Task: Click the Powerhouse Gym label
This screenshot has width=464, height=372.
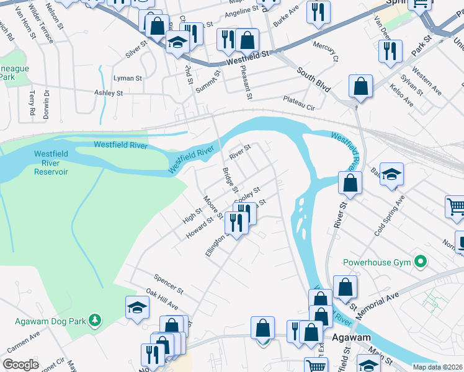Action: coord(377,262)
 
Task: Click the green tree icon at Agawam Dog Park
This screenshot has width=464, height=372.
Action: coord(94,320)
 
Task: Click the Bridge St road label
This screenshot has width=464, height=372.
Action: coord(231,179)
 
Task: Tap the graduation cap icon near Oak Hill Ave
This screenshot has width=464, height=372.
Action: coord(136,307)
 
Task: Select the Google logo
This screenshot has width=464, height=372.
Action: coord(20,365)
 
